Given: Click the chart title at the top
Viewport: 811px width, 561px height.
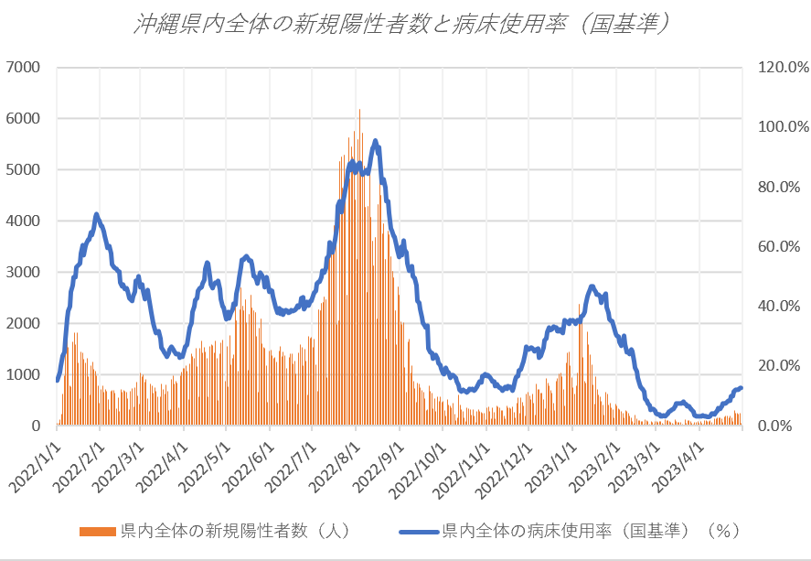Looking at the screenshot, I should pyautogui.click(x=405, y=24).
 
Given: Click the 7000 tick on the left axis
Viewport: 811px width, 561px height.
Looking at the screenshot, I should pyautogui.click(x=24, y=67).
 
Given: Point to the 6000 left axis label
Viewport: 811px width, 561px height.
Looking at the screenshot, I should pyautogui.click(x=24, y=118).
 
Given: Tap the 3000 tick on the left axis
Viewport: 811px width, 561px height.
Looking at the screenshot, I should pyautogui.click(x=24, y=272).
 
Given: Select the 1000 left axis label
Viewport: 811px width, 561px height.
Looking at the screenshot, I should pyautogui.click(x=24, y=374).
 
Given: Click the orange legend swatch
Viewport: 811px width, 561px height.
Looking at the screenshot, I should pyautogui.click(x=98, y=531).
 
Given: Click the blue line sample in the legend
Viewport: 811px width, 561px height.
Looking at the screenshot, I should pyautogui.click(x=419, y=531).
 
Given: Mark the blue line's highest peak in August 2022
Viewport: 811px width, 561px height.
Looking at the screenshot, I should pyautogui.click(x=376, y=140).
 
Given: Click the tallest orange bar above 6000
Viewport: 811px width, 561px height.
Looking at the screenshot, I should pyautogui.click(x=359, y=111).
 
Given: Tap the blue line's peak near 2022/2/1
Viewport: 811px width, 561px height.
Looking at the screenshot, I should pyautogui.click(x=96, y=214).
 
